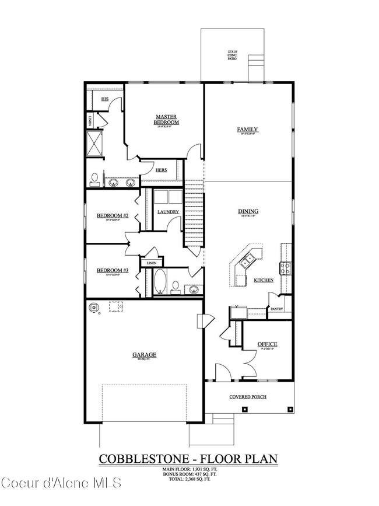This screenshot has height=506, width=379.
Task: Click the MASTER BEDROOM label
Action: (x=166, y=120)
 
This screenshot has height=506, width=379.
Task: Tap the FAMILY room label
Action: (x=247, y=130)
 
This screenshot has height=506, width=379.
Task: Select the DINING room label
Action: (x=248, y=212)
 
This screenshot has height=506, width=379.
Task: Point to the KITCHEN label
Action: (x=264, y=281)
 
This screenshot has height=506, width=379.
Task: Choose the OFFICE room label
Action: (x=267, y=344)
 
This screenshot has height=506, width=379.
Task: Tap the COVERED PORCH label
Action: (x=248, y=397)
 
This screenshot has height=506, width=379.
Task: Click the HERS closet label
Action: (x=162, y=170)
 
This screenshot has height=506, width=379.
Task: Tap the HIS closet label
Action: (x=105, y=99)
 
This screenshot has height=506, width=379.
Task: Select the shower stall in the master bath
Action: (x=94, y=142)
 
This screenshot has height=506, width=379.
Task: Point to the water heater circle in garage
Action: (x=94, y=307)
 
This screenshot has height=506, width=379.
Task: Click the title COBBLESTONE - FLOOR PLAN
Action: (x=188, y=459)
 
